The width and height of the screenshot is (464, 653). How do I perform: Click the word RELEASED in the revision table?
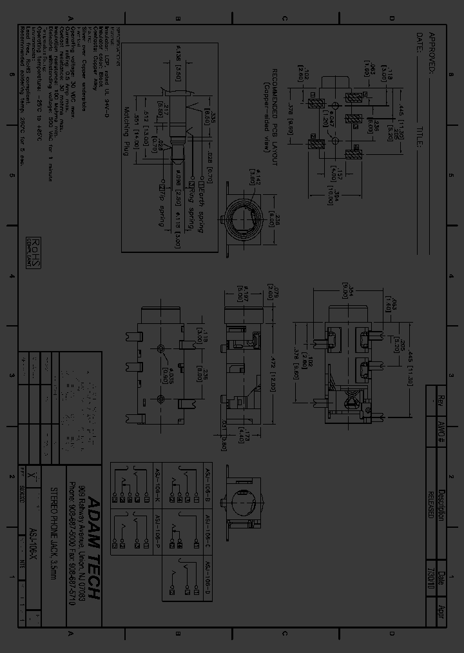[430, 501]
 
